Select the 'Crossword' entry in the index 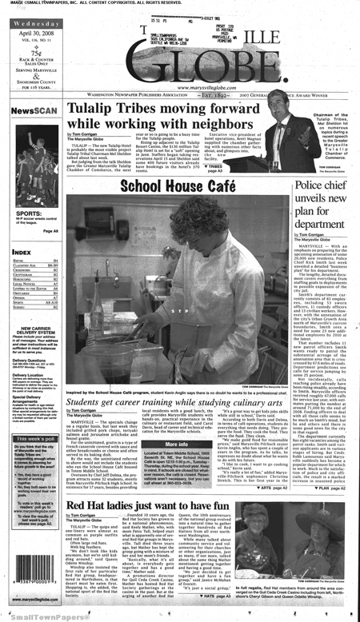[x=24, y=270]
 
